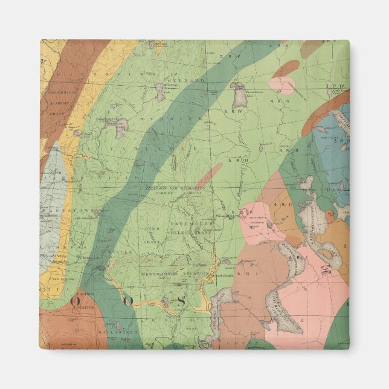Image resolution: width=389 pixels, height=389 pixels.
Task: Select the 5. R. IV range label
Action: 231,111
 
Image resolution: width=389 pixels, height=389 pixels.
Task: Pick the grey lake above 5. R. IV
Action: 239,92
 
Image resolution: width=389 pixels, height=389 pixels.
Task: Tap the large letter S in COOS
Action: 179,301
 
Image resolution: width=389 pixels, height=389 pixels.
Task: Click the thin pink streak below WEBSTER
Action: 208,175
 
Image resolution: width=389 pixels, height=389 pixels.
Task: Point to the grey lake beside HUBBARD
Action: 159,91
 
